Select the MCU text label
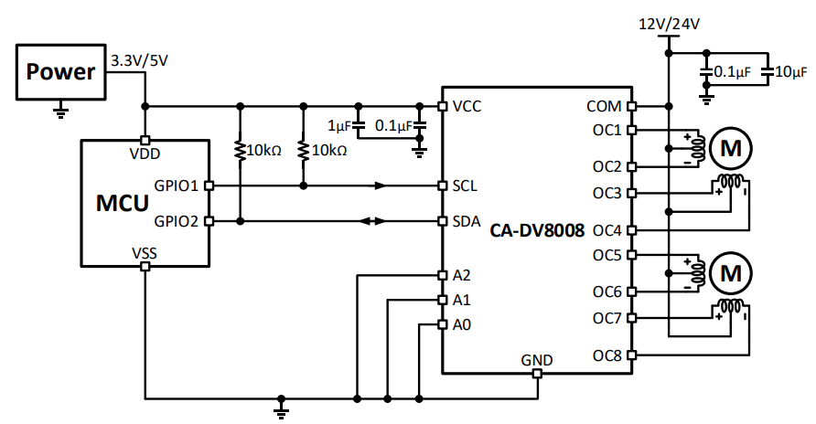pyautogui.click(x=123, y=203)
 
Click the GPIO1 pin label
pyautogui.click(x=177, y=185)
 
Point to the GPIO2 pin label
pyautogui.click(x=177, y=221)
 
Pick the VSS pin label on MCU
pyautogui.click(x=144, y=251)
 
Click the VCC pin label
pyautogui.click(x=467, y=106)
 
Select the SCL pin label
pyautogui.click(x=465, y=185)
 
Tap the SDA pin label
pyautogui.click(x=467, y=221)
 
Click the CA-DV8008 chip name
pyautogui.click(x=537, y=229)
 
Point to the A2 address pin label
pyautogui.click(x=462, y=275)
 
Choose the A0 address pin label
pyautogui.click(x=462, y=324)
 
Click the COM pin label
pyautogui.click(x=605, y=106)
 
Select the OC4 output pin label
pyautogui.click(x=607, y=229)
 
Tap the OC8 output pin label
pyautogui.click(x=607, y=355)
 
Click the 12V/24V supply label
pyautogui.click(x=669, y=25)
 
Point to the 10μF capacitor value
pyautogui.click(x=789, y=71)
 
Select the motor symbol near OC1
pyautogui.click(x=731, y=145)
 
